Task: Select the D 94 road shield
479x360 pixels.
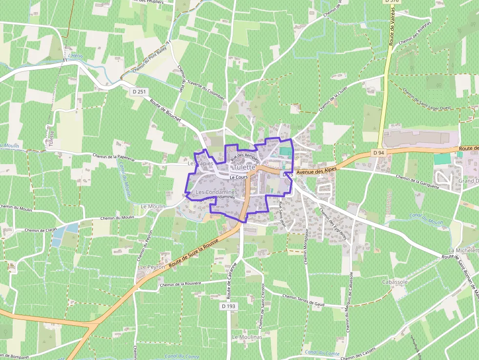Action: coord(378,153)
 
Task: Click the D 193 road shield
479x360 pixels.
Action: coord(228,306)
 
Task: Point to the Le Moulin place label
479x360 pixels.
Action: coord(153,207)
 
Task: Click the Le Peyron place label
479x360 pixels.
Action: coord(151,268)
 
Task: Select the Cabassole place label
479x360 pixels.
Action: coord(395,282)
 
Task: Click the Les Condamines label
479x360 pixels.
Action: coord(216,192)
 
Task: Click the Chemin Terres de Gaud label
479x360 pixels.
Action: coord(304,300)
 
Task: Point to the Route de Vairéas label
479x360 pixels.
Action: coord(392,29)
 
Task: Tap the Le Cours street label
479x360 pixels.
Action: coord(239,177)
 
